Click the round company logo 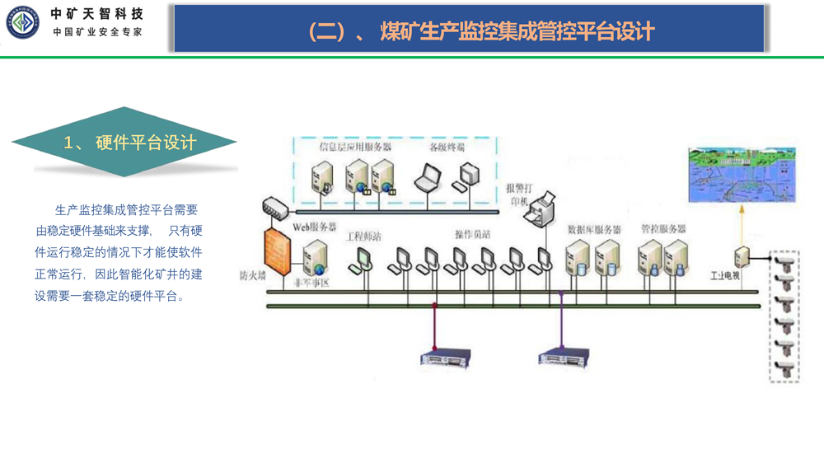click(24, 22)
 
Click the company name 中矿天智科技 click(96, 14)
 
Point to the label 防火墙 click(252, 276)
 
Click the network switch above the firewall click(273, 209)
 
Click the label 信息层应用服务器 click(355, 148)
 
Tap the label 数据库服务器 click(594, 229)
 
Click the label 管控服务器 click(663, 229)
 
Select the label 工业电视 click(725, 274)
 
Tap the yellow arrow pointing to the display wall click(740, 223)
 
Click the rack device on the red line click(445, 356)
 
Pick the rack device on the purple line click(564, 356)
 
